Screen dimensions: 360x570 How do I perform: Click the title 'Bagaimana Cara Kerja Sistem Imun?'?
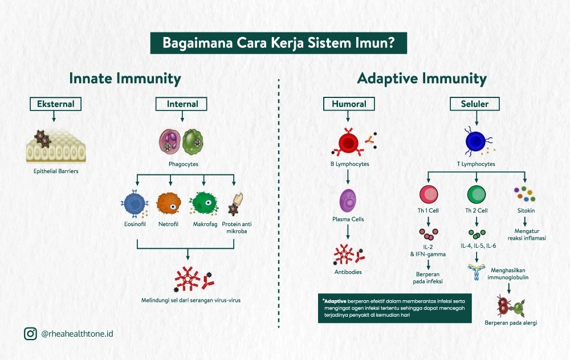coord(278,43)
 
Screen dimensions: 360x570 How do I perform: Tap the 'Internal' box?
coord(182,104)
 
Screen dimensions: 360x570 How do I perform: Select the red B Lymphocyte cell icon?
coord(347,143)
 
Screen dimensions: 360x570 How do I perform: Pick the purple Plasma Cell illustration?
coord(348,201)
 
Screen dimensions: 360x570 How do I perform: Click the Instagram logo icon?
coord(30,333)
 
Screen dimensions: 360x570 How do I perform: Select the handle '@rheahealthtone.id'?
coord(77,334)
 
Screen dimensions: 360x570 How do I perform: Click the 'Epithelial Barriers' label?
coord(55,170)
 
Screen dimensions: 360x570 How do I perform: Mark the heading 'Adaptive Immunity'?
coord(422,78)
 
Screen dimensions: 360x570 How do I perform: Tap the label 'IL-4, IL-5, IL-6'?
coord(477,246)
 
